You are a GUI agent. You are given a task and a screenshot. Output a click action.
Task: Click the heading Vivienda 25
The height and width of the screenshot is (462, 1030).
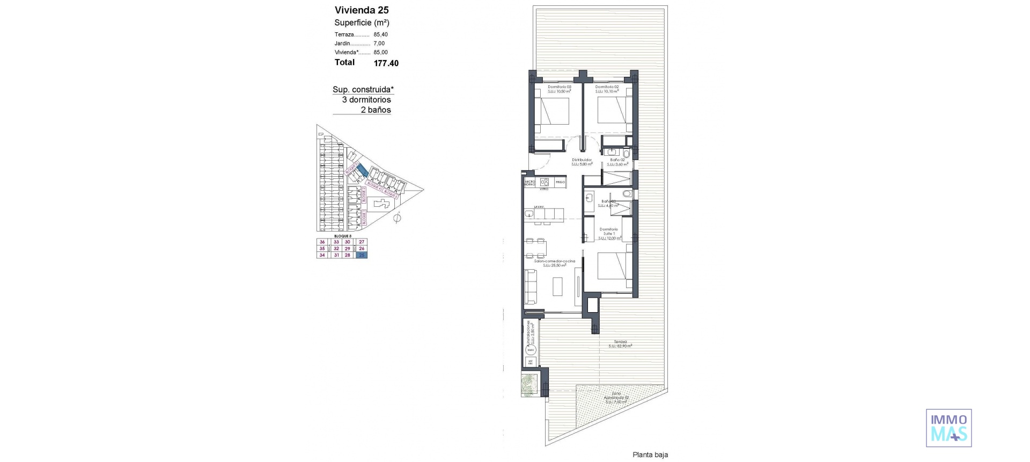(362, 10)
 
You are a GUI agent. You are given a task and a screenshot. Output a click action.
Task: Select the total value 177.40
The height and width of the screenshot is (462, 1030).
(386, 63)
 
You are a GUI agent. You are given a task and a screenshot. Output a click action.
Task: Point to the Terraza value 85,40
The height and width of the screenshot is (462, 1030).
(380, 34)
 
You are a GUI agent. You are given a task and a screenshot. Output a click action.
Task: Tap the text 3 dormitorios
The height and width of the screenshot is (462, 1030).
(366, 100)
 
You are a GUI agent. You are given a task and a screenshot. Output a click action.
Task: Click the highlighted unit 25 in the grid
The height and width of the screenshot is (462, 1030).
(362, 255)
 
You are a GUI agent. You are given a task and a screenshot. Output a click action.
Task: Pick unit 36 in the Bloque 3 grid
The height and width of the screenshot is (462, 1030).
(322, 242)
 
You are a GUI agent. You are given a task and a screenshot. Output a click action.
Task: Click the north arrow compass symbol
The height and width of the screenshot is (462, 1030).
(398, 218)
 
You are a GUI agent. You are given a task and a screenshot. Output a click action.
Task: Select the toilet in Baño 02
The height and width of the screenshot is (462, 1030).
(626, 154)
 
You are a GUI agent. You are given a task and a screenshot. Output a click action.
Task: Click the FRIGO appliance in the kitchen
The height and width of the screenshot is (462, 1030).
(560, 182)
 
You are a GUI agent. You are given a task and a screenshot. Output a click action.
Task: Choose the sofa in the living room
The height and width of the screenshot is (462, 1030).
(531, 286)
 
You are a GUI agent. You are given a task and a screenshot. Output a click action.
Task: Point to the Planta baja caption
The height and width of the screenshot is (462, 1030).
(650, 455)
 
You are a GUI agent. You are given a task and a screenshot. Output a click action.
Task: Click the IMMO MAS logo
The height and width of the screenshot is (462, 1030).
(948, 428)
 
